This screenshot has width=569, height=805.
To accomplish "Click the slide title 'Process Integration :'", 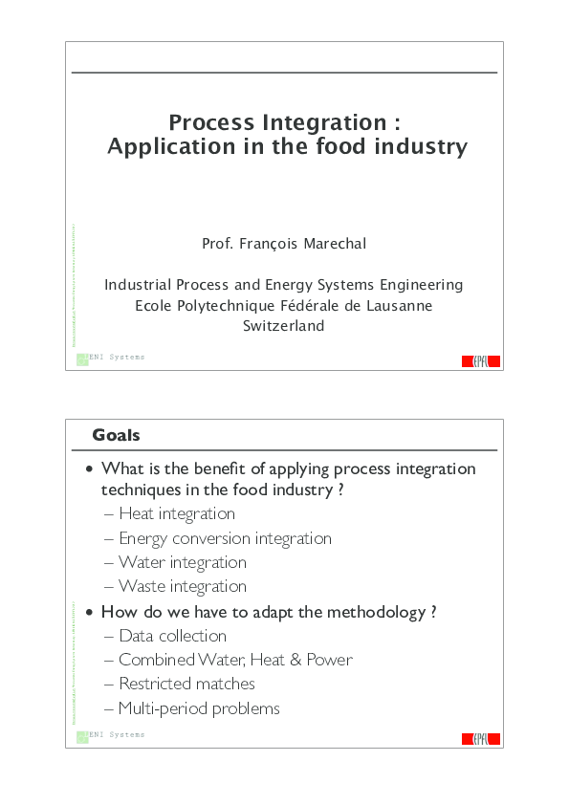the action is click(284, 122).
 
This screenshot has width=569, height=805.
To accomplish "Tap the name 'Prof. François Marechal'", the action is click(284, 244).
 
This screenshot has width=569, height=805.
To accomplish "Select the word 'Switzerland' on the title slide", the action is click(284, 326).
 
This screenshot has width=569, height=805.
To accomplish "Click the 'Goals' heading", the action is click(116, 436).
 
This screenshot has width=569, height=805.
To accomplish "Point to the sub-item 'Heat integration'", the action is click(177, 514).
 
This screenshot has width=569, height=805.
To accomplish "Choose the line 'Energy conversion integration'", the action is click(225, 538).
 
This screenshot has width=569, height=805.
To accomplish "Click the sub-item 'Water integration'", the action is click(183, 562).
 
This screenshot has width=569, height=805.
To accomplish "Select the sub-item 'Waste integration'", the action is click(183, 586).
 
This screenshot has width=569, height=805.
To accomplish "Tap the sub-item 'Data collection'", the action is click(173, 636).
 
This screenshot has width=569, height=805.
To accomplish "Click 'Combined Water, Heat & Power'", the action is click(235, 660).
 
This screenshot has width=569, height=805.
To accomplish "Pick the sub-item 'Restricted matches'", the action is click(186, 684).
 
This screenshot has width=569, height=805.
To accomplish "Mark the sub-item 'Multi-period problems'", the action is click(199, 708).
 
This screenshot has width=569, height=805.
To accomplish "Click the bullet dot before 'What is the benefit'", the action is click(90, 469).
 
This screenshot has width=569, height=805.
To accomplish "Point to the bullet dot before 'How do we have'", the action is click(90, 613).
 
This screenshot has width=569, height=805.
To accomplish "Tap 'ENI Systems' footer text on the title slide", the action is click(117, 358).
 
